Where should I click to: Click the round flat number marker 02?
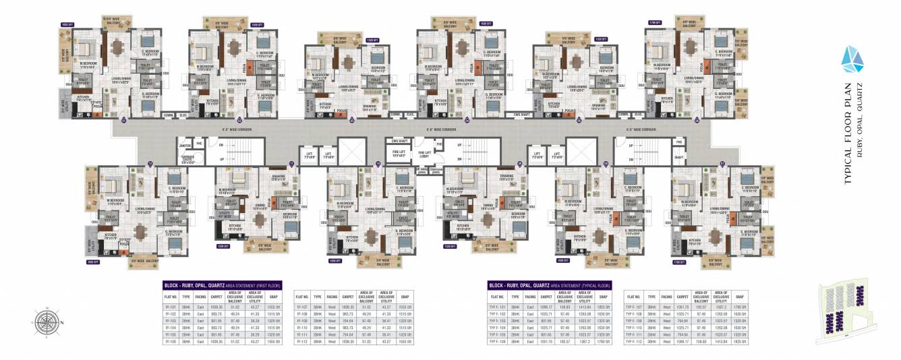pyautogui.click(x=237, y=121)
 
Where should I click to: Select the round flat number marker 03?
pyautogui.click(x=352, y=121)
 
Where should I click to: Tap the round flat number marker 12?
pyautogui.click(x=150, y=164)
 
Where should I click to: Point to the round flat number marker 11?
pyautogui.click(x=291, y=164)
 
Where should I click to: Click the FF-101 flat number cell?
pyautogui.click(x=171, y=305)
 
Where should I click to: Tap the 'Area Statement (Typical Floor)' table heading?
pyautogui.click(x=550, y=285)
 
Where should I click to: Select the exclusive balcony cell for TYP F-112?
pyautogui.click(x=701, y=342)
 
